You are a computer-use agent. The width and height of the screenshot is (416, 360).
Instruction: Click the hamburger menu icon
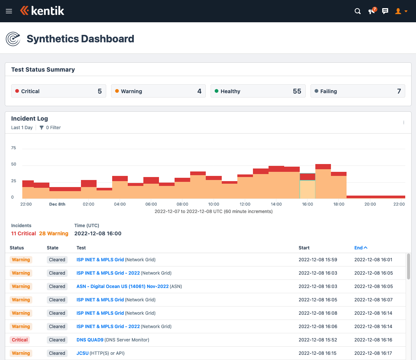point(9,11)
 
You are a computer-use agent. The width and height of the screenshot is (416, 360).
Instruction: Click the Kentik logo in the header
point(42,11)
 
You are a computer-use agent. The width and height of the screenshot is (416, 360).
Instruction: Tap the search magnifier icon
point(358,11)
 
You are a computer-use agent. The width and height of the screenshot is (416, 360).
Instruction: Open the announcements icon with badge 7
point(372,11)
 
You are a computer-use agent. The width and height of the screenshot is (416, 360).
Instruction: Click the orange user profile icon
point(399,11)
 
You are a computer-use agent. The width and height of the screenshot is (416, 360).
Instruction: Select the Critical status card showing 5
point(58,91)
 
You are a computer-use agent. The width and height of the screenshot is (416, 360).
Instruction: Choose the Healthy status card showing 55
point(258,91)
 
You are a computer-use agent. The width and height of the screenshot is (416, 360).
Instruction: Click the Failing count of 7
point(399,91)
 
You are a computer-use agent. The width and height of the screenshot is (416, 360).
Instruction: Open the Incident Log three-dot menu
point(404,122)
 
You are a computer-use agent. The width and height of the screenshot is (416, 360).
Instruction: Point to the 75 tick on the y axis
point(14,148)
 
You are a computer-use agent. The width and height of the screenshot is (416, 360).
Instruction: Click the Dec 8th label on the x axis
point(57,204)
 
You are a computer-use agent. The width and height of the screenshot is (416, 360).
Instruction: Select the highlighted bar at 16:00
point(308,186)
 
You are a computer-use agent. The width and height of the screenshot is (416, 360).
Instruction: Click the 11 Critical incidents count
point(23,233)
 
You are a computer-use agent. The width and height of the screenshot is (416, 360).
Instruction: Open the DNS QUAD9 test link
point(90,340)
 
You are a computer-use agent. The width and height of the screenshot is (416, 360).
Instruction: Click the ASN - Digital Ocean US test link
point(123,287)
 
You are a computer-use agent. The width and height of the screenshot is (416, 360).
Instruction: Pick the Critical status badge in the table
point(20,340)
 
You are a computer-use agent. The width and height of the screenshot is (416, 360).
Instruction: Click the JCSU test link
point(82,353)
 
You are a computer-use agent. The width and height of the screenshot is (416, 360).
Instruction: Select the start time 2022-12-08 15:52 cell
point(318,340)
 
